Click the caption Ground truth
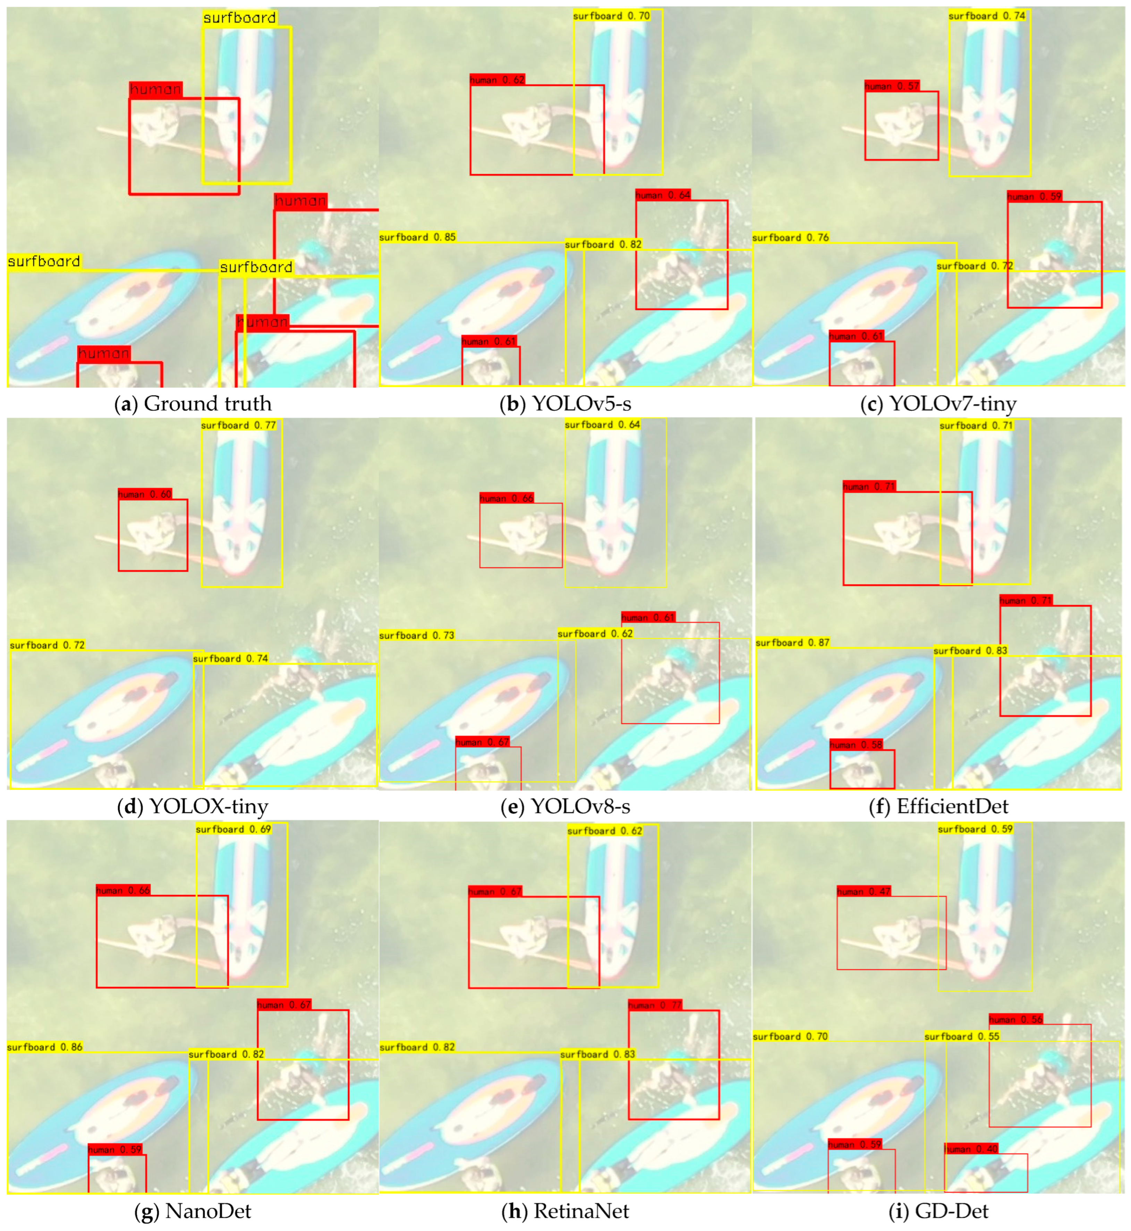coord(193,404)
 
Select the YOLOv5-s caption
coord(565,404)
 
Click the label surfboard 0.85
coord(417,237)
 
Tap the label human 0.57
coord(892,86)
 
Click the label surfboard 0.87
coord(792,643)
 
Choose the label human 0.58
coord(856,744)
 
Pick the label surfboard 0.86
coord(45,1047)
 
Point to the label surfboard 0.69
coord(233,829)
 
